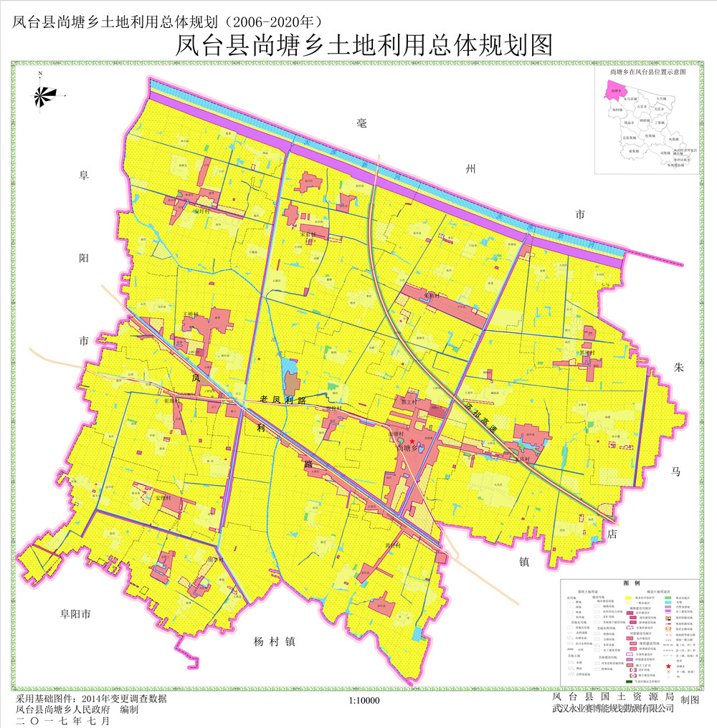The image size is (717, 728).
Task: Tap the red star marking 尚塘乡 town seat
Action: point(412,441)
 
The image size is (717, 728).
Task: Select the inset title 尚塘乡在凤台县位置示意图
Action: point(647,72)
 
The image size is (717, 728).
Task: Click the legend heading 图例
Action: point(631,584)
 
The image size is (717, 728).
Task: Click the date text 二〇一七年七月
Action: point(63,720)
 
